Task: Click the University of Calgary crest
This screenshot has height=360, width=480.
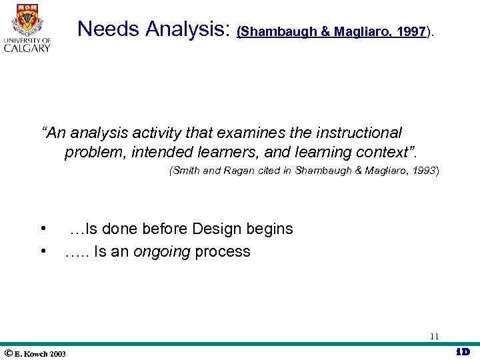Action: click(27, 19)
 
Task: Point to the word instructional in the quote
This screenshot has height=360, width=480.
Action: click(354, 133)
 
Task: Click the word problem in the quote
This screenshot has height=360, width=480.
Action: click(94, 153)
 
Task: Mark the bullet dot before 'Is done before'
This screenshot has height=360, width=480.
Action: click(43, 229)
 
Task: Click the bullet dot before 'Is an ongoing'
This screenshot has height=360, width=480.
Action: click(43, 251)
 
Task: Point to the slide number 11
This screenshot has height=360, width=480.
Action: click(434, 336)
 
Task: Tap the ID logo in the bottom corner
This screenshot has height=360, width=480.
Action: click(463, 352)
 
